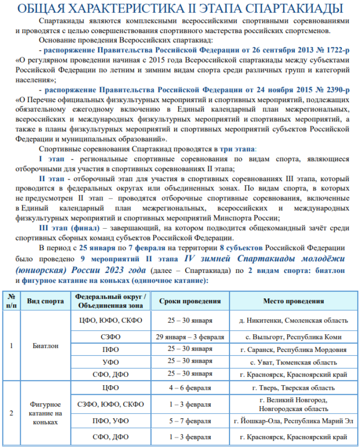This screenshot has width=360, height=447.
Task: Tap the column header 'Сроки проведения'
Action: pos(190,301)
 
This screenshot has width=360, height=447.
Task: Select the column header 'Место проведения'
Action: pos(293,301)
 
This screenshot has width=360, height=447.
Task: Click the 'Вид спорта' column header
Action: pos(46,301)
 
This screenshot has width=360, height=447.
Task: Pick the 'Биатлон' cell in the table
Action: pos(46,345)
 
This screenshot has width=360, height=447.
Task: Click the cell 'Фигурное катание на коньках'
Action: pos(46,413)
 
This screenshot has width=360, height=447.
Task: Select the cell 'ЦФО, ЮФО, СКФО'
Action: pos(111,320)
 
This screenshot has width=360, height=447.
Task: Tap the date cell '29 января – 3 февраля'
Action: pos(190,337)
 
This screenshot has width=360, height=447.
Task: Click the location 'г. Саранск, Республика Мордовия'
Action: pos(293,349)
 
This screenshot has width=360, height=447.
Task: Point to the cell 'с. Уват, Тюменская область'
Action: pos(293,362)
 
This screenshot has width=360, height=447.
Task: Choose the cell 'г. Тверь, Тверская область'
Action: pos(293,388)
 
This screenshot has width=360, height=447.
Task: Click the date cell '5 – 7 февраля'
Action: pos(190,421)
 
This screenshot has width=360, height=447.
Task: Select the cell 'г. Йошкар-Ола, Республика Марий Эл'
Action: pos(293,421)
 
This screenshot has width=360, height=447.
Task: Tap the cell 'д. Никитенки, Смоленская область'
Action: pos(293,320)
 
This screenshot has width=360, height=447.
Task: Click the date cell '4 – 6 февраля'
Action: pos(190,388)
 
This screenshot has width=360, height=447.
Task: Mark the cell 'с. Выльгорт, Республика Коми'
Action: pos(293,337)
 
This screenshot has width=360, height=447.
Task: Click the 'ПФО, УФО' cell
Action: pos(111,421)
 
